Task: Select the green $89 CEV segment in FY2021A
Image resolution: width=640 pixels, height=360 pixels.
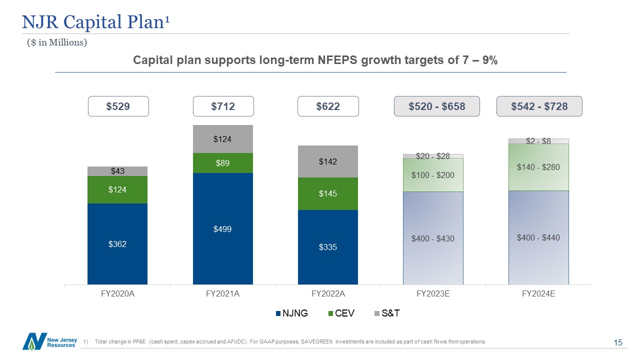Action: tap(222, 163)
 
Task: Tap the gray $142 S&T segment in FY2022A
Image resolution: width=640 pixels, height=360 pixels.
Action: tap(327, 161)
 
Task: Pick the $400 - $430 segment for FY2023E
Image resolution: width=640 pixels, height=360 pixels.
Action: tap(433, 238)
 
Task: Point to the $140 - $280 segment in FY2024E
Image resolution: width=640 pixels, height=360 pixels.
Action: tap(538, 167)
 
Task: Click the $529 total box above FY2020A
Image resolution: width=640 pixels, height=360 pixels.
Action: tap(118, 106)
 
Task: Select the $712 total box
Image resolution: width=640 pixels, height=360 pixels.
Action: tap(223, 106)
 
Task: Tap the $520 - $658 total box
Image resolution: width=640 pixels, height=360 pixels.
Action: tap(437, 106)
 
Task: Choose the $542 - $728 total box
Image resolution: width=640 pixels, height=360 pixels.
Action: tap(539, 106)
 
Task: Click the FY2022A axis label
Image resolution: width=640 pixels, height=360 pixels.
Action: tap(328, 294)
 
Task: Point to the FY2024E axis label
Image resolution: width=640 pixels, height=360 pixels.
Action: tap(538, 294)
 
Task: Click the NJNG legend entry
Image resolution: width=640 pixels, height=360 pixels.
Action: tap(292, 313)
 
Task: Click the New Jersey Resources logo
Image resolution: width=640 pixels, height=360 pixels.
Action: tap(50, 341)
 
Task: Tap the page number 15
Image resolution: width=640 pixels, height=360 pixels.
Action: tap(618, 342)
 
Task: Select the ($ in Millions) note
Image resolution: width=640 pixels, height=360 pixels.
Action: tap(57, 43)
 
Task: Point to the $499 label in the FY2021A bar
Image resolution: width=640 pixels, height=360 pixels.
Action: tap(222, 229)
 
